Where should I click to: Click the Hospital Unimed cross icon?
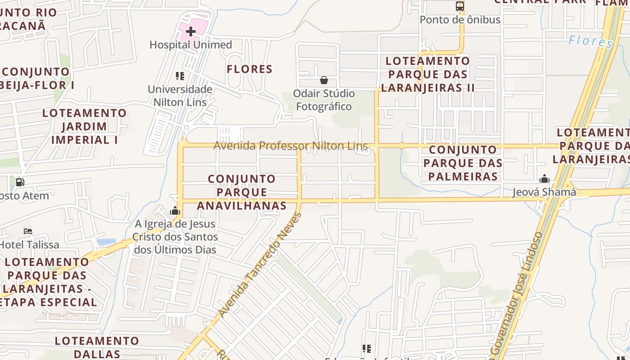coord(191,31)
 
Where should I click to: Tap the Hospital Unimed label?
coord(191,45)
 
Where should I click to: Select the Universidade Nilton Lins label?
coord(180,96)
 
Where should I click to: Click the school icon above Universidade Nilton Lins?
coord(180,76)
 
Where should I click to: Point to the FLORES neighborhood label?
coord(250,69)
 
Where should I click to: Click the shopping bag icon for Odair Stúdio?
coord(324,80)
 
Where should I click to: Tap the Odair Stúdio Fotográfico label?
coord(324,100)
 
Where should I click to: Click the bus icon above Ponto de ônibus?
coord(459,6)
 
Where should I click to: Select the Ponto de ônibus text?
coord(460,20)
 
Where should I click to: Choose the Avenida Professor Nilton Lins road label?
coord(290,146)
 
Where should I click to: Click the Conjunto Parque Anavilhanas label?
coord(242,192)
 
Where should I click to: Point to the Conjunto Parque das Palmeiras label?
coord(463,163)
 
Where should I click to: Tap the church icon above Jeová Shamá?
coord(544,179)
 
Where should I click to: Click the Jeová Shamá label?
coord(544,193)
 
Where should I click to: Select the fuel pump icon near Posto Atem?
coord(20,182)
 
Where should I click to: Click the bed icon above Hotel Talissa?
coord(28,231)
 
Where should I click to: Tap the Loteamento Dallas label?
coord(97,347)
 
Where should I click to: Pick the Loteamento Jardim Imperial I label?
coord(85,126)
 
